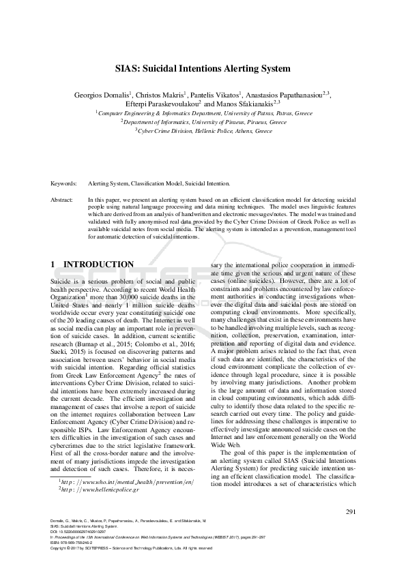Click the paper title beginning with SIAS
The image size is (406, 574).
(x=203, y=69)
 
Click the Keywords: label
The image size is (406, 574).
(x=64, y=184)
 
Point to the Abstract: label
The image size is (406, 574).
(x=63, y=200)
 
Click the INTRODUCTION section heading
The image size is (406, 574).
(x=92, y=265)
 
